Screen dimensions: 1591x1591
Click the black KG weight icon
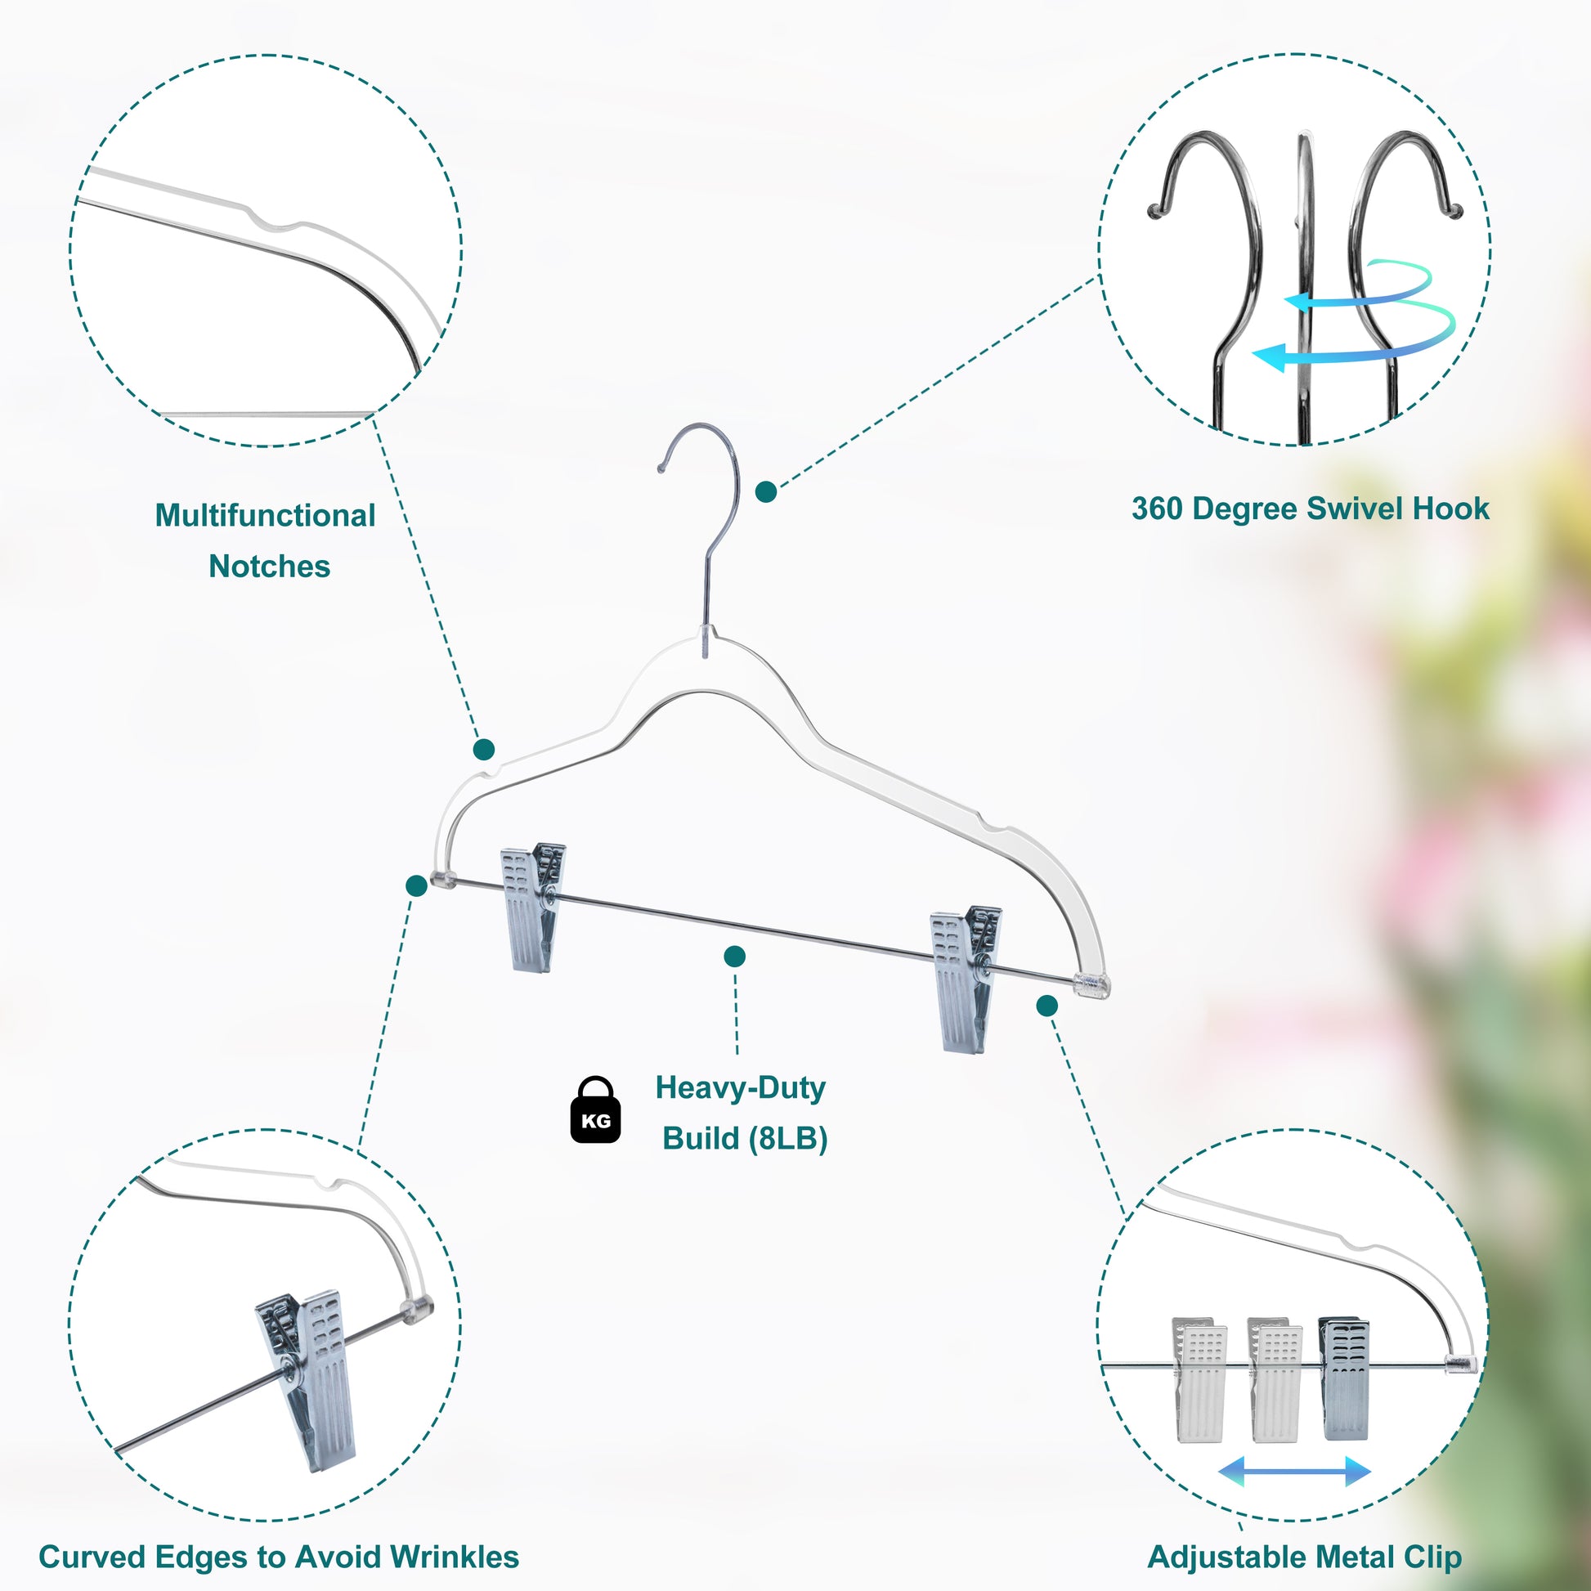pyautogui.click(x=595, y=1111)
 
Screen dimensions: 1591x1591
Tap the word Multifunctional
pyautogui.click(x=265, y=516)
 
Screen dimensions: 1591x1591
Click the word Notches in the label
pyautogui.click(x=269, y=567)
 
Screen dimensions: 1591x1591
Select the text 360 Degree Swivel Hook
pyautogui.click(x=1310, y=508)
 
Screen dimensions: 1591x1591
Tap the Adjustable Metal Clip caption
pyautogui.click(x=1304, y=1557)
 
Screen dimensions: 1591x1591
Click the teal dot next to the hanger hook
pyautogui.click(x=766, y=492)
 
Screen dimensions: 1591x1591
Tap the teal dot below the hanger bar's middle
pyautogui.click(x=734, y=956)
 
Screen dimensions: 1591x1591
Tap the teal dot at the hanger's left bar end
pyautogui.click(x=417, y=885)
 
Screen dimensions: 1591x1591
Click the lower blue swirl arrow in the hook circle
pyautogui.click(x=1351, y=350)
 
